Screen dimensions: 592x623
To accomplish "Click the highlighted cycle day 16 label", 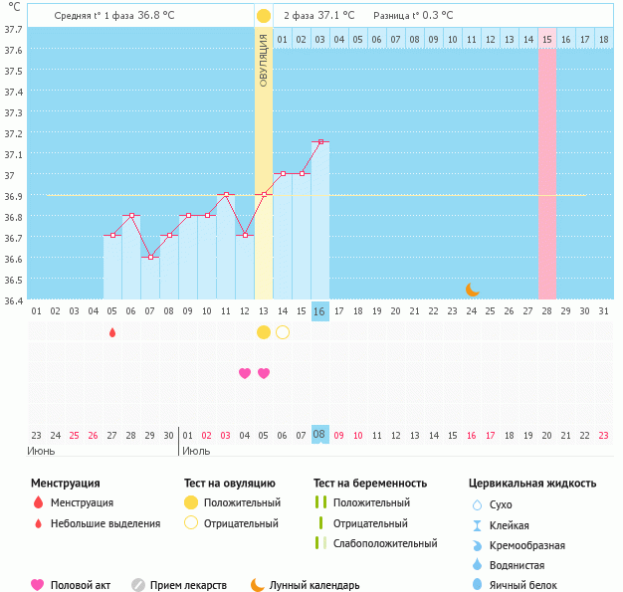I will pyautogui.click(x=319, y=311).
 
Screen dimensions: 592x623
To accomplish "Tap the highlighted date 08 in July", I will pyautogui.click(x=319, y=435).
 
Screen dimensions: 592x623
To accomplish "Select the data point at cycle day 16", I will pyautogui.click(x=319, y=142).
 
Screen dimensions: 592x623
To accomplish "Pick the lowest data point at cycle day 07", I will pyautogui.click(x=150, y=257).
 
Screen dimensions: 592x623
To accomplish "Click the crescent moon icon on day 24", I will pyautogui.click(x=472, y=290).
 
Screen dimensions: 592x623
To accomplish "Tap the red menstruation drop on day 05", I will pyautogui.click(x=112, y=331).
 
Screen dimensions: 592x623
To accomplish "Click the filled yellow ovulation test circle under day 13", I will pyautogui.click(x=263, y=331).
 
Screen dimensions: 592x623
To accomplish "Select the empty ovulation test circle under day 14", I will pyautogui.click(x=282, y=331).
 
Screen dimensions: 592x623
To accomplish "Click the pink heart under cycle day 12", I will pyautogui.click(x=245, y=373).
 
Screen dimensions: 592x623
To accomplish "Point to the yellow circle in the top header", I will pyautogui.click(x=263, y=16).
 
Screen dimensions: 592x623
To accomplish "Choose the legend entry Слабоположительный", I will pyautogui.click(x=384, y=543).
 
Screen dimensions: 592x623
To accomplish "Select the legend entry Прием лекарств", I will pyautogui.click(x=188, y=585).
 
